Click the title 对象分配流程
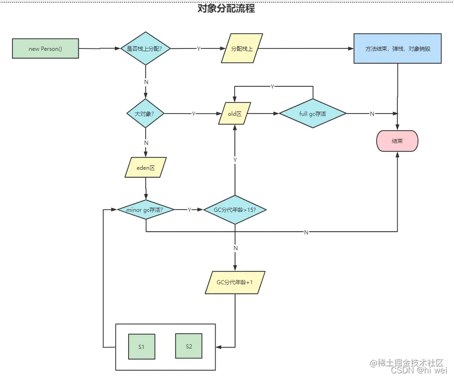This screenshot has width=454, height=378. click(226, 9)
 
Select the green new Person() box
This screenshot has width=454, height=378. click(45, 49)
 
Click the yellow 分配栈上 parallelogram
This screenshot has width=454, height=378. click(242, 48)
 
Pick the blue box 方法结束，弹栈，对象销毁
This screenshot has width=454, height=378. click(397, 48)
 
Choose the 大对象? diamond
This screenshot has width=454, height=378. click(145, 114)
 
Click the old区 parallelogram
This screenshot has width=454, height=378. click(235, 114)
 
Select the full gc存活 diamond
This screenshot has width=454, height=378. click(312, 114)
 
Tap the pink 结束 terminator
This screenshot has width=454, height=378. click(397, 141)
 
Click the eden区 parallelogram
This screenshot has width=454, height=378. click(146, 168)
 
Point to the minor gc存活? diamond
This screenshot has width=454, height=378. click(146, 210)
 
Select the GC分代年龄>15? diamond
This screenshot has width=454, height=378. click(235, 210)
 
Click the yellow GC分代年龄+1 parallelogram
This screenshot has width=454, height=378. click(235, 282)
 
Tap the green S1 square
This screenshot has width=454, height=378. click(142, 346)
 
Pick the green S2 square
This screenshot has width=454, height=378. click(189, 346)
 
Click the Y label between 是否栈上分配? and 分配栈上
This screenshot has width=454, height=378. click(198, 49)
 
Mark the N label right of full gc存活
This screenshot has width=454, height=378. click(372, 114)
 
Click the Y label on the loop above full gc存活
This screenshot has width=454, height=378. click(272, 87)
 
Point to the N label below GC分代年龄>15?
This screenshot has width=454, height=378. click(236, 248)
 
